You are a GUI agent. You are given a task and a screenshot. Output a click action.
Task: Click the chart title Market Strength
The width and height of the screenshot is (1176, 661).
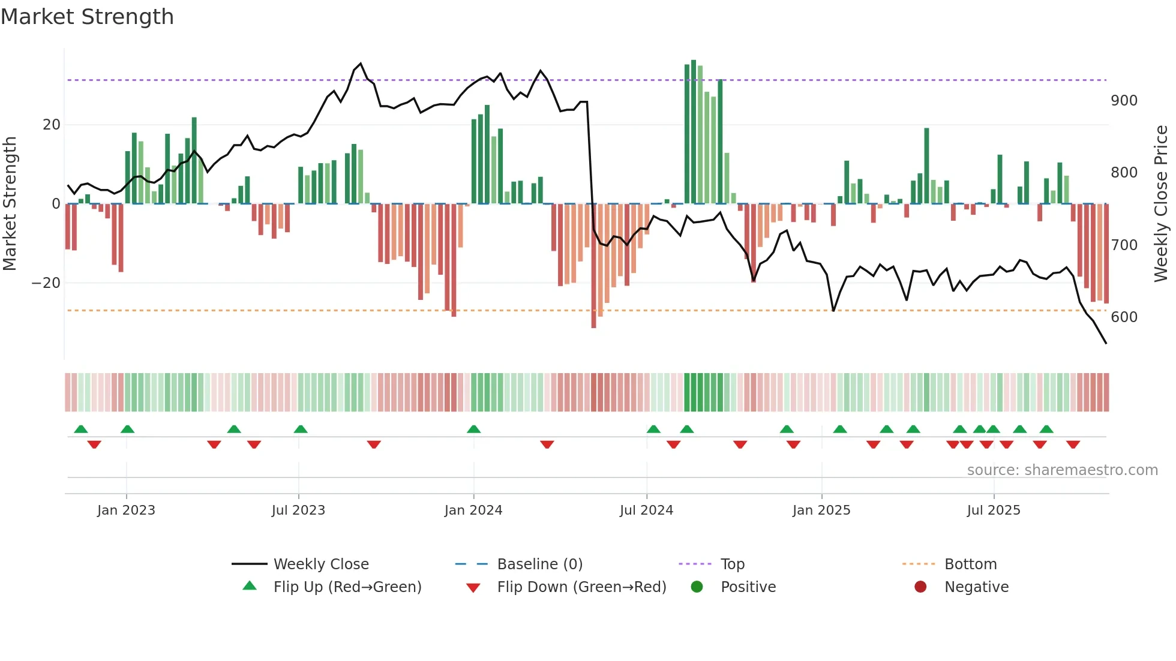tap(87, 17)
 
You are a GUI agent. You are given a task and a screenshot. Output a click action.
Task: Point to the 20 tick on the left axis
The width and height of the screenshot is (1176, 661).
tap(52, 125)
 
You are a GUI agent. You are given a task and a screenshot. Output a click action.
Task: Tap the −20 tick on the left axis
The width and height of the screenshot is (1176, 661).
tap(47, 283)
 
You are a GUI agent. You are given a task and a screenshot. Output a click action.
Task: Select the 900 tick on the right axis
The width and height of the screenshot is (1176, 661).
tap(1124, 101)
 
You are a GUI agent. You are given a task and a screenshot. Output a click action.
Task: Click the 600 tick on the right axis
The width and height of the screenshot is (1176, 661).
tap(1124, 317)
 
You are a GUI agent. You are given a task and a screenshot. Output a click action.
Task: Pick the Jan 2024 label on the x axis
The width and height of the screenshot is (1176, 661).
tap(473, 510)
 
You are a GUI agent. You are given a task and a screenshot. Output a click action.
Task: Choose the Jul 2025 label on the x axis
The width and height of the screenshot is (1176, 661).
tap(994, 510)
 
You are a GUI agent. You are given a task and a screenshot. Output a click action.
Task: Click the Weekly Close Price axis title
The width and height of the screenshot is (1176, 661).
tap(1161, 204)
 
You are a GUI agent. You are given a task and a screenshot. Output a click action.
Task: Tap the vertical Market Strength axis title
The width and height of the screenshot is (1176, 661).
tap(10, 204)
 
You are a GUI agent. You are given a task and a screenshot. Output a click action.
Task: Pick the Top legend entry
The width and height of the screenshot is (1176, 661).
tap(732, 564)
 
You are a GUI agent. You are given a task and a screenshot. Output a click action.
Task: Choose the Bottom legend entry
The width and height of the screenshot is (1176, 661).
tap(970, 564)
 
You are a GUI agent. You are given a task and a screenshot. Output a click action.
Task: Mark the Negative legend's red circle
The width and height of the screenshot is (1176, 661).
tap(920, 587)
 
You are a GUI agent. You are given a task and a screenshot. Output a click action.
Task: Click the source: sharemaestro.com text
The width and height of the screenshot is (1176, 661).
tap(1062, 470)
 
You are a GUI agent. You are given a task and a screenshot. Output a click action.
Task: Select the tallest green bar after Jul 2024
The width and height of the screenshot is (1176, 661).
tap(694, 132)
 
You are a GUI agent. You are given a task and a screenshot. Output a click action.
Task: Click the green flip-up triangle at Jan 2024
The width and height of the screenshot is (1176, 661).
tap(473, 429)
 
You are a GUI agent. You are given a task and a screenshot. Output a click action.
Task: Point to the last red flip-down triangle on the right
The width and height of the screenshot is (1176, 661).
tap(1073, 444)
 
